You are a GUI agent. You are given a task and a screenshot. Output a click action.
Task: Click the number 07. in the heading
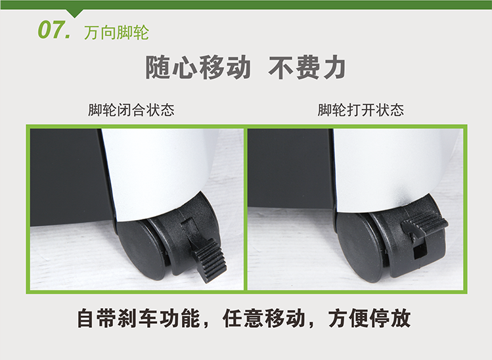55,30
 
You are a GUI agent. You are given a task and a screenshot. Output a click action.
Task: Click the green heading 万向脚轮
116,33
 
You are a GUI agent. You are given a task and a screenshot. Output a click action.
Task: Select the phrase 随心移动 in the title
198,67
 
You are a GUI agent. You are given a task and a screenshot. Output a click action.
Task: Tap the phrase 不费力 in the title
307,67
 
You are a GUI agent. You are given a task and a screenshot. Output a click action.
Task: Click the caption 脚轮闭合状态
131,110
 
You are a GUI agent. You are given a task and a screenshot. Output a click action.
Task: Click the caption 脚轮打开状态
361,110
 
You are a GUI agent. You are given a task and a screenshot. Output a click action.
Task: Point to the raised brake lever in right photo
426,224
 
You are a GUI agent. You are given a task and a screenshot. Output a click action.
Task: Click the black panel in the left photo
69,177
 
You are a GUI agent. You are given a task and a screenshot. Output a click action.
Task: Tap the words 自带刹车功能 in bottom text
139,319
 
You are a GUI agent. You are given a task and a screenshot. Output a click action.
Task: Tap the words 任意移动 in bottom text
264,319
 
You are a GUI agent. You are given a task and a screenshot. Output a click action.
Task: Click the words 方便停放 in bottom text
370,319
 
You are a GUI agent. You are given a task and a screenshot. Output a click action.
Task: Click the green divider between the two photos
246,209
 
